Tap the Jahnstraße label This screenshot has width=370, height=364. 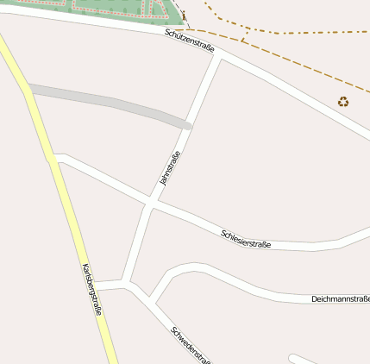(170, 168)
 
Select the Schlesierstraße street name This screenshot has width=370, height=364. (246, 238)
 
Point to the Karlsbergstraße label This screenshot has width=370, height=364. (91, 289)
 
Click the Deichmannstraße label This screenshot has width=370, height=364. (340, 298)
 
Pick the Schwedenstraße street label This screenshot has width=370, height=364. (191, 346)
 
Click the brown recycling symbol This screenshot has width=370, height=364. (343, 102)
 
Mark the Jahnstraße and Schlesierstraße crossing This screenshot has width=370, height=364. (150, 204)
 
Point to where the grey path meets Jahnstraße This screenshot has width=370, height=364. (186, 125)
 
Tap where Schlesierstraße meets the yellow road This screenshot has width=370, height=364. (53, 158)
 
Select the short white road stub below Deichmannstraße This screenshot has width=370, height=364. (310, 359)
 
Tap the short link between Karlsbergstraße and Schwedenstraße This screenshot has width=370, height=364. (110, 284)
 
